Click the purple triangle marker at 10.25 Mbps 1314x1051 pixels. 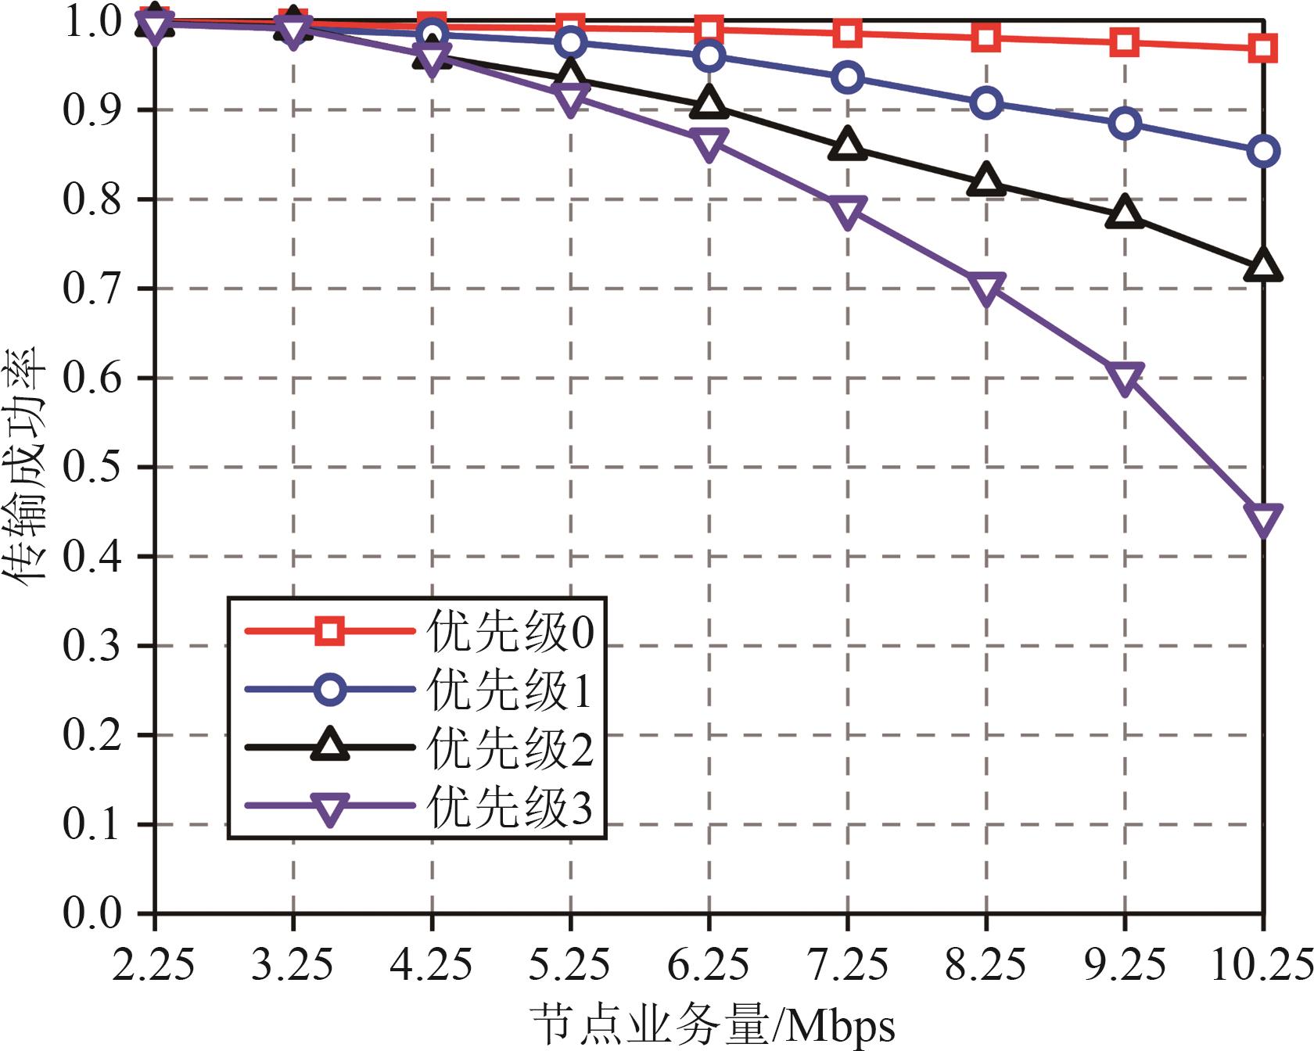click(1262, 519)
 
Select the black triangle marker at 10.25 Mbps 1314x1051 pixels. click(1262, 265)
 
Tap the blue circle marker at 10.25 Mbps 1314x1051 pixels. click(1263, 151)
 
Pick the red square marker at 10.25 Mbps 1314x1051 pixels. click(1263, 48)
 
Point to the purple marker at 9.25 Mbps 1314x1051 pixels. click(1125, 378)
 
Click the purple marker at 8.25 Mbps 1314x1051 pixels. click(986, 289)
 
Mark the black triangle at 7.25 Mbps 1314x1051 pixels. click(848, 145)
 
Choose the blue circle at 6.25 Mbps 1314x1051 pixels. click(709, 56)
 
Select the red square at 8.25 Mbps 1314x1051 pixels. click(986, 37)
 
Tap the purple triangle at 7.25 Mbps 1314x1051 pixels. click(848, 212)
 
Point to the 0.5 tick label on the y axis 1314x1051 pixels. click(92, 468)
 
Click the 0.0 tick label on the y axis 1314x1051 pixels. click(92, 913)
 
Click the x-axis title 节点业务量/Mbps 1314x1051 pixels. click(713, 1025)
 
